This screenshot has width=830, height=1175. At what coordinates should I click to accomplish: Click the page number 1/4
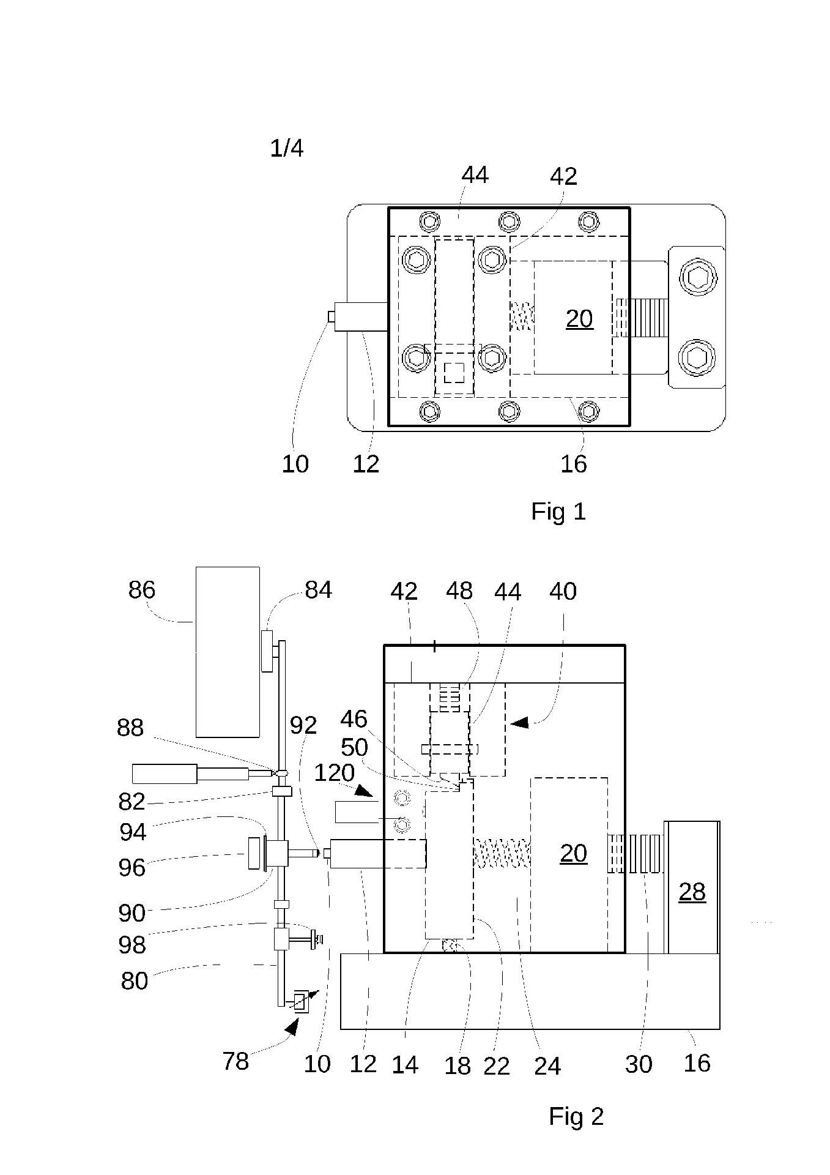coord(286,148)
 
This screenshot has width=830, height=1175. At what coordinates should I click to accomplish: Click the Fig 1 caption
coord(558,512)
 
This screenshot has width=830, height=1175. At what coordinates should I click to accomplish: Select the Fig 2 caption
coord(576,1116)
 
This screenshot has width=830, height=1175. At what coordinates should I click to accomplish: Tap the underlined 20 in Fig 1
coord(579,319)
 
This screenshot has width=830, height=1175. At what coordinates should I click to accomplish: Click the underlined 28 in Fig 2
coord(692,892)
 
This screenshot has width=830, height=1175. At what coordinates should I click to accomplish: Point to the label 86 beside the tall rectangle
coord(142,590)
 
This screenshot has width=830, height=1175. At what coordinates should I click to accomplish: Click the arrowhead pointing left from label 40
coord(519,723)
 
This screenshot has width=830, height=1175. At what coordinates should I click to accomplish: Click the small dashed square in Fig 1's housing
coord(453,373)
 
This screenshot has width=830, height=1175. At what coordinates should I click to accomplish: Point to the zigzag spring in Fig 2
coord(502,853)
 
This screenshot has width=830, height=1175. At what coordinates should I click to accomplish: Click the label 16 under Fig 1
coord(573,464)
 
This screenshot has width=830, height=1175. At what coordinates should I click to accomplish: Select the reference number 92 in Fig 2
coord(303,726)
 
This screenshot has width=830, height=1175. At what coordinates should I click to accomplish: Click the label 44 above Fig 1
coord(475,176)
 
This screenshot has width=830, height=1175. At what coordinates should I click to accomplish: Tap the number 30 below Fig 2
coord(638,1065)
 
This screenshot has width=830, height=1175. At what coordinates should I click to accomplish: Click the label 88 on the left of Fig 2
coord(130,728)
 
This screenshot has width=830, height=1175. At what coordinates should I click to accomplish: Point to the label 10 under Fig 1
coord(295,464)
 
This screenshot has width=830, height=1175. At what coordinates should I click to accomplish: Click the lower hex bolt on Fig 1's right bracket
coord(697,356)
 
